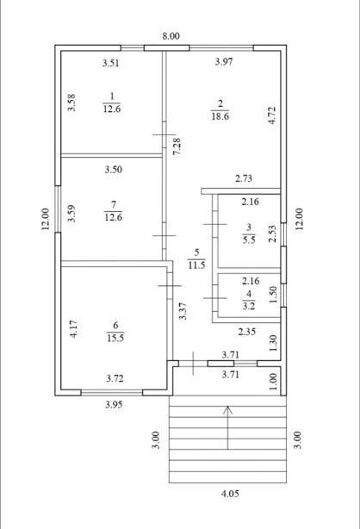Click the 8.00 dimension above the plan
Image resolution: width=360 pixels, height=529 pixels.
click(171, 36)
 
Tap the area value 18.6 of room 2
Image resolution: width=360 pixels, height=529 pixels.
click(220, 116)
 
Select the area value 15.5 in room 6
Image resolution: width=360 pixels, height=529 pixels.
click(115, 338)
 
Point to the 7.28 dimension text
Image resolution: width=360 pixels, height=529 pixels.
click(177, 146)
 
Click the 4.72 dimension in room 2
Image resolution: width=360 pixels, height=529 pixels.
click(273, 115)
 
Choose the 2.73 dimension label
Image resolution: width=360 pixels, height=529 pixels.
click(244, 178)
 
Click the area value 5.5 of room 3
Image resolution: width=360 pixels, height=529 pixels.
click(249, 240)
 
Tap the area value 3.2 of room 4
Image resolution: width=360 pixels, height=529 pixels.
click(249, 307)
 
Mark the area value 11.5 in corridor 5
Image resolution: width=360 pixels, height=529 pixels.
click(196, 265)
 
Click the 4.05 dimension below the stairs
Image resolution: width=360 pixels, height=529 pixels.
click(230, 494)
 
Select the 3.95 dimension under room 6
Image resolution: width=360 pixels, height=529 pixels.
click(114, 405)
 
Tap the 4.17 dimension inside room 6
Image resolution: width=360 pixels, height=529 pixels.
click(73, 329)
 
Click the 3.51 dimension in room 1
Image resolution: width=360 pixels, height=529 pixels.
click(110, 63)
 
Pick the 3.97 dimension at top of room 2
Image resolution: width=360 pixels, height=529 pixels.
click(224, 62)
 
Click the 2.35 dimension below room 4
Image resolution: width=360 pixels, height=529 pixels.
click(247, 332)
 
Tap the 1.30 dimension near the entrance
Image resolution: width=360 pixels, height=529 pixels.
click(274, 343)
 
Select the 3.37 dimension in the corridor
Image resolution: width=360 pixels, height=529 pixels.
click(183, 311)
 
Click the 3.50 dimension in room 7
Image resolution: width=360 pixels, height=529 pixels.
click(114, 170)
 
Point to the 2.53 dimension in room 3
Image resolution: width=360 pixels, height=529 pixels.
click(273, 233)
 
